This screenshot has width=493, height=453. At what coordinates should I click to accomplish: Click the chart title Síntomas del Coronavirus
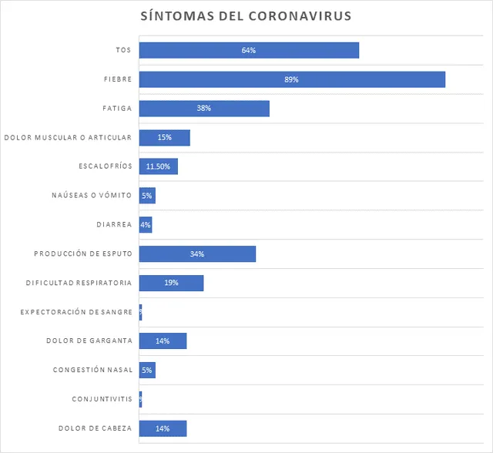tap(246, 15)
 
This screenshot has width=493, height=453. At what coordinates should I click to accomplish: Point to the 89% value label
tap(291, 79)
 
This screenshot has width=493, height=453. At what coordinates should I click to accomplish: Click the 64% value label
tap(248, 50)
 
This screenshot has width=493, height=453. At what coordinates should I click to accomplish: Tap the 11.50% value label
tap(158, 166)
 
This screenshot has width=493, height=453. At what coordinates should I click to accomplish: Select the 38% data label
tap(203, 109)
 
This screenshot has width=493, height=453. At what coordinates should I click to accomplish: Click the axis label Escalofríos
tap(105, 166)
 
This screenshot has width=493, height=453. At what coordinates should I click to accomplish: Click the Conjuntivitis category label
tap(102, 399)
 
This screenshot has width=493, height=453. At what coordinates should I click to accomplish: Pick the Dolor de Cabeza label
tap(95, 428)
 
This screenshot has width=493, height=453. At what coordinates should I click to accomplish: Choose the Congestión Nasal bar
tap(147, 371)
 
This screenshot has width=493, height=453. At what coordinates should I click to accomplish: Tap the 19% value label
tap(171, 283)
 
